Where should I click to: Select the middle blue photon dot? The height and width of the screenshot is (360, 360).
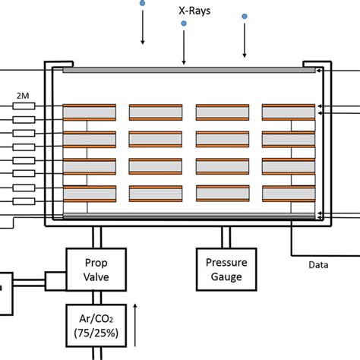click(x=184, y=24)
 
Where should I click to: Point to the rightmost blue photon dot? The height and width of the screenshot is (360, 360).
click(x=245, y=16)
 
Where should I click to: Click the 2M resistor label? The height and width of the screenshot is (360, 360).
click(x=23, y=96)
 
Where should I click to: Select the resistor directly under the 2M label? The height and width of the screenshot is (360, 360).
click(x=23, y=106)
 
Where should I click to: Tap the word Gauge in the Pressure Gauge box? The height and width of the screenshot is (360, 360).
click(x=223, y=277)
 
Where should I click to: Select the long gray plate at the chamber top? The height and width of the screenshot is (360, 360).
click(x=188, y=71)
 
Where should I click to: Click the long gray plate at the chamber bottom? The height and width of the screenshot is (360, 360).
click(x=188, y=217)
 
